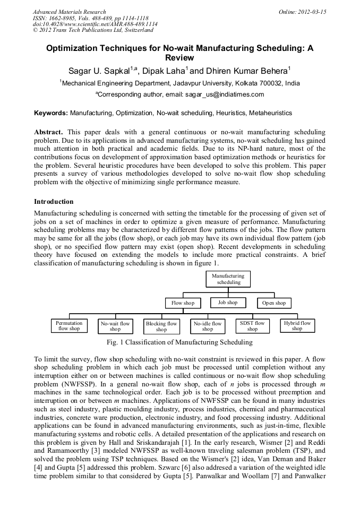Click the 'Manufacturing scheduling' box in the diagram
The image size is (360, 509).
[x=228, y=279]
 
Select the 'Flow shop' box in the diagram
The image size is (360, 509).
[x=183, y=303]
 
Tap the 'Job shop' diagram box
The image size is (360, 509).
[x=228, y=303]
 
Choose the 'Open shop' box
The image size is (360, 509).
[x=274, y=303]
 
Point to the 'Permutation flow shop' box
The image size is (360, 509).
[x=69, y=326]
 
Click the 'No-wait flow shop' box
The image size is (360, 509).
[x=115, y=326]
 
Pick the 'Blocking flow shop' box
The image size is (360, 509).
[x=161, y=326]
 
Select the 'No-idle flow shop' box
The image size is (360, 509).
[x=207, y=326]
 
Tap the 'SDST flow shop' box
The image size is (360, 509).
[x=252, y=326]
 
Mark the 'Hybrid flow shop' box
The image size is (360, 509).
[x=297, y=325]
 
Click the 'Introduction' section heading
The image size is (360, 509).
[x=54, y=202]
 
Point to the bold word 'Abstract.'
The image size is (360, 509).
[x=49, y=131]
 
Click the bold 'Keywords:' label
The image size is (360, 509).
[x=51, y=113]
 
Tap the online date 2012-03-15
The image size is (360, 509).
[x=313, y=12]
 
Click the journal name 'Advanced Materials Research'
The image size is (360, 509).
[x=69, y=12]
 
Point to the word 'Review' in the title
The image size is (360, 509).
[x=179, y=57]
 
